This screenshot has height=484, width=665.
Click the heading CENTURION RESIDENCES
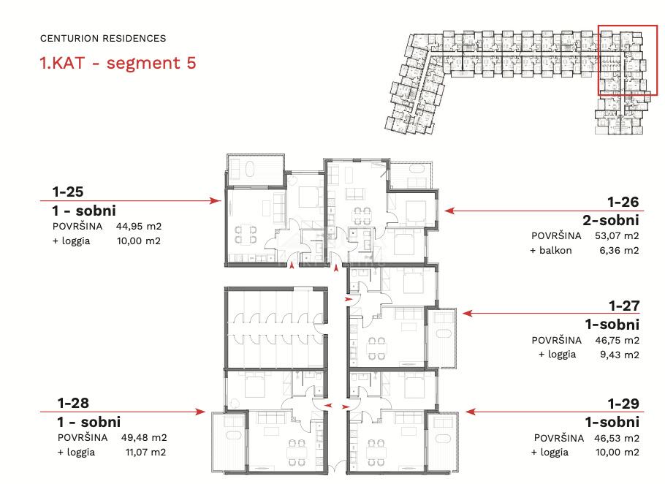103,38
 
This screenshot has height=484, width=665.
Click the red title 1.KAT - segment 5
118,63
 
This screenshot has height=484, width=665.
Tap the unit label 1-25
68,192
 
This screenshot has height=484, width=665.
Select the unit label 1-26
623,202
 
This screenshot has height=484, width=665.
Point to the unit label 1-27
624,306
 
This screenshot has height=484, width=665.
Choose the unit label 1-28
73,403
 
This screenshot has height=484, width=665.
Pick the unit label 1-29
623,403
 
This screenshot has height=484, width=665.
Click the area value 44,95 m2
139,226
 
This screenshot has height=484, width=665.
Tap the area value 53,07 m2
617,235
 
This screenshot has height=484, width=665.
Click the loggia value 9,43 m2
620,355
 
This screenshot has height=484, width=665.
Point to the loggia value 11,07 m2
146,452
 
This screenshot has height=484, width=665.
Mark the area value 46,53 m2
617,438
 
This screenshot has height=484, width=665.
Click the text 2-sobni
611,220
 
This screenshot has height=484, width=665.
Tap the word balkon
555,250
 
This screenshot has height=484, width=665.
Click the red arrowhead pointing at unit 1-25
216,200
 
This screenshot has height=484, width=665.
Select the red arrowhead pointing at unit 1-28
199,412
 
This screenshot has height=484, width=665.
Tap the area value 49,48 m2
144,437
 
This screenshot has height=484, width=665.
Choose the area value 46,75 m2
617,340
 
